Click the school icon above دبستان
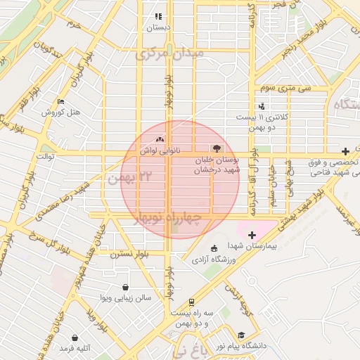[x=158, y=16]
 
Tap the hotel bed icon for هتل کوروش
[x=60, y=101]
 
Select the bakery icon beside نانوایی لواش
[x=160, y=139]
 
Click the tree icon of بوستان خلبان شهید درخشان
[x=216, y=148]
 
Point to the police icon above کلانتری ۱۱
[x=262, y=105]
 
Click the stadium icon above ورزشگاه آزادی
[x=214, y=247]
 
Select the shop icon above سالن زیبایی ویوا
[x=125, y=287]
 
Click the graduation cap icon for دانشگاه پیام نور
[x=241, y=335]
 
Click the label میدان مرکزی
[x=169, y=53]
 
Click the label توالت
[x=45, y=155]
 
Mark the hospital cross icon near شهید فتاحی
[x=345, y=151]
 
